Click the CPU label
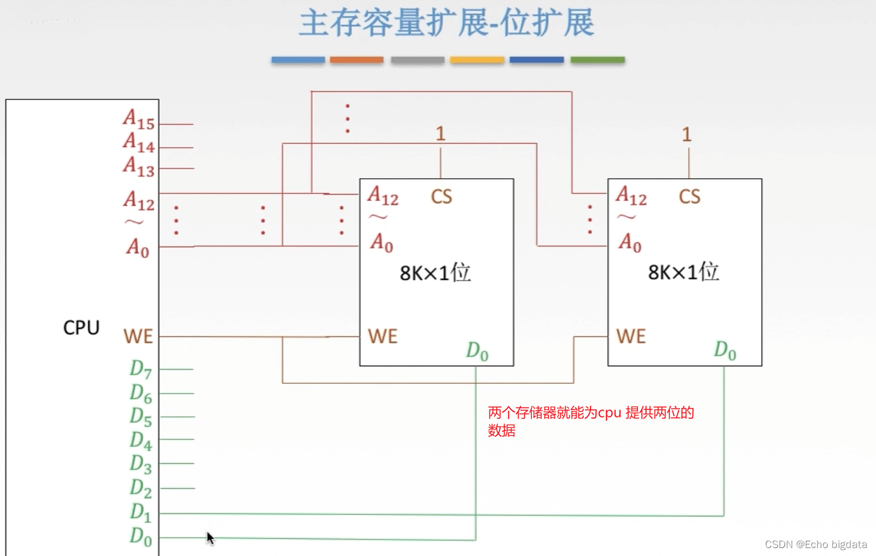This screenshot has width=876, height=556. point(81,328)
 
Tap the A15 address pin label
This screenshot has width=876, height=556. point(138,119)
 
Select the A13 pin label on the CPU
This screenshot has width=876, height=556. point(138,166)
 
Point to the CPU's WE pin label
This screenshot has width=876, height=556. point(138,336)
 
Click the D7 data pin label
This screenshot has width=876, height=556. point(140,369)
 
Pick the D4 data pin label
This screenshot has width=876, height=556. point(140,440)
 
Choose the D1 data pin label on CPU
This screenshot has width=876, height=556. point(140,512)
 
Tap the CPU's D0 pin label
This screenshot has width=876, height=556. point(140,536)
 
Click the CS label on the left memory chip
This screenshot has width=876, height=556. point(442,197)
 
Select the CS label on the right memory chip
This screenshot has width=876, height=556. point(689,197)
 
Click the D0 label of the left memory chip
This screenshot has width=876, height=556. point(477,351)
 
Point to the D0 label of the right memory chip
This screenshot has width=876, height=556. point(725,350)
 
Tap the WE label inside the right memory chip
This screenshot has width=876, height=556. point(631,336)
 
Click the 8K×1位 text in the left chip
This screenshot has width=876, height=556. point(435,272)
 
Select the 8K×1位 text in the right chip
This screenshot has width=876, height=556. point(683,272)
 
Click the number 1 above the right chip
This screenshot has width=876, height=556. point(686,134)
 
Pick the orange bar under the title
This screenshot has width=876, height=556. point(356,60)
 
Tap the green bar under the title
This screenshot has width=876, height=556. point(597,60)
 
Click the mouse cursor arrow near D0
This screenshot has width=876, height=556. point(210,538)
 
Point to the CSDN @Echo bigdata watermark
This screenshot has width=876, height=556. point(816,544)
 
